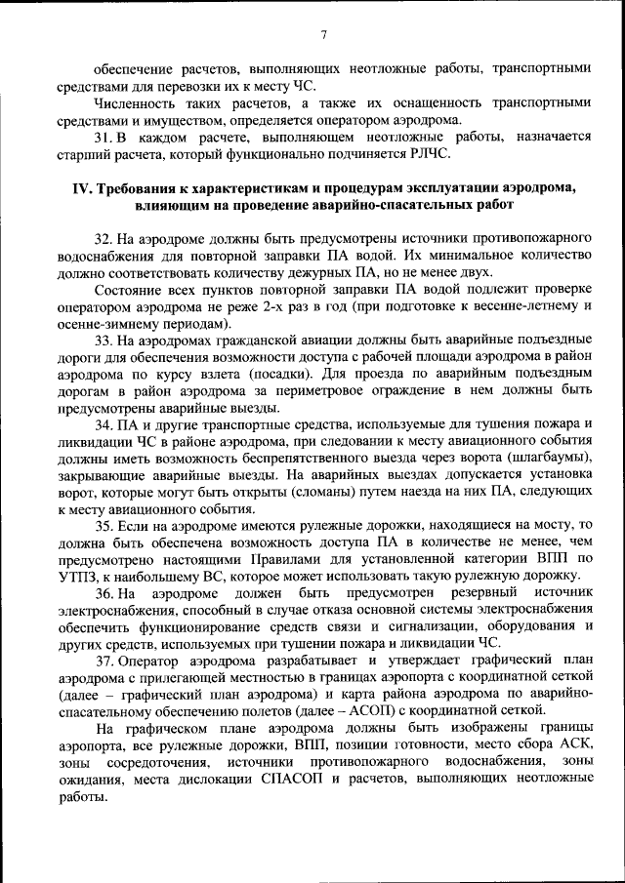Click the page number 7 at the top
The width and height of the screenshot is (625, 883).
(x=322, y=36)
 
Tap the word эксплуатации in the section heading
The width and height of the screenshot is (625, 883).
(x=427, y=188)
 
